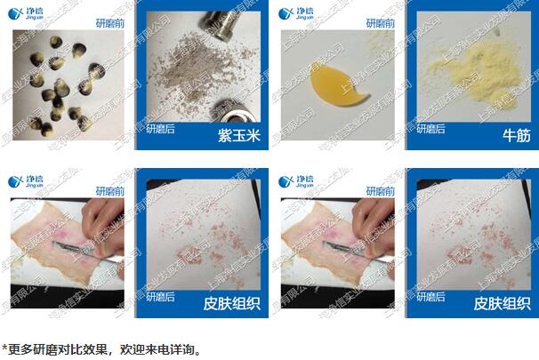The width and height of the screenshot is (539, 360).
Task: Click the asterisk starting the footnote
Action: coord(5,348)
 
